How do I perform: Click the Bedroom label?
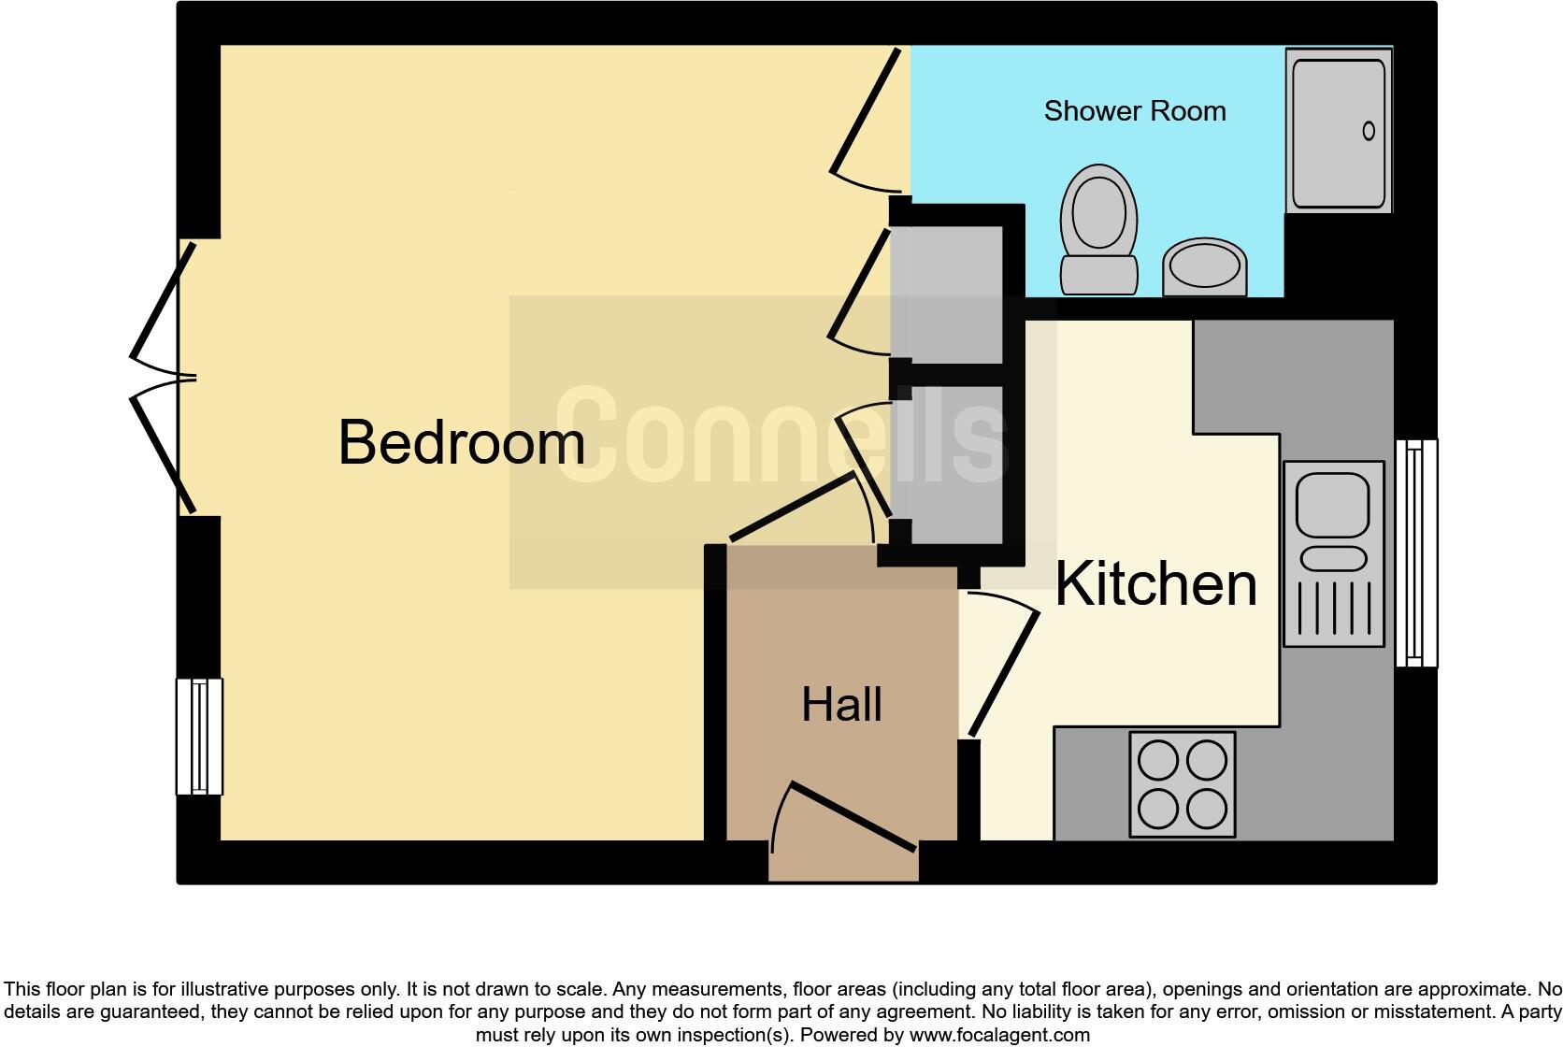tap(461, 442)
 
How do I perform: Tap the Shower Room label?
tap(1134, 111)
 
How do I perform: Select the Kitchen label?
tap(1155, 584)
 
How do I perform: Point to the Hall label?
tap(841, 705)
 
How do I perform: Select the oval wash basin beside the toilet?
tap(1204, 267)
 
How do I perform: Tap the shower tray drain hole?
tap(1369, 132)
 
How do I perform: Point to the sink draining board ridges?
tap(1334, 608)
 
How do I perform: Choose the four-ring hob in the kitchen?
tap(1183, 783)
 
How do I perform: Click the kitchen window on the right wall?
tap(1415, 552)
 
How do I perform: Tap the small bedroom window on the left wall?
tap(199, 737)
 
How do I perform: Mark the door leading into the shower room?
tap(869, 112)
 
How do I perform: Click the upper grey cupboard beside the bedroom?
tap(946, 294)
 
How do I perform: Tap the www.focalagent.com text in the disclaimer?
tap(998, 1035)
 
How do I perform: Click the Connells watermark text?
tap(781, 437)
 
